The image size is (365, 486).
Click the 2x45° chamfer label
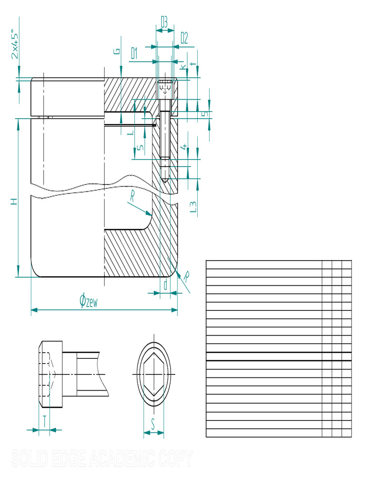click(x=15, y=45)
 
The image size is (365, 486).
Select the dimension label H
click(x=15, y=201)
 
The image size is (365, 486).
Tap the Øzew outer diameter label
click(x=89, y=301)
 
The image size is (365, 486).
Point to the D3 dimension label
click(x=164, y=22)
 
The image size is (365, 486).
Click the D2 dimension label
click(x=184, y=38)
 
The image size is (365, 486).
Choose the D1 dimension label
click(x=134, y=53)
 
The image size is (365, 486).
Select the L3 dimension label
click(x=193, y=206)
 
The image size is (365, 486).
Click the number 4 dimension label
click(x=184, y=148)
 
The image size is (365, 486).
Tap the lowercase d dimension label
click(x=165, y=285)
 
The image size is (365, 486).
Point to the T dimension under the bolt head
click(x=44, y=421)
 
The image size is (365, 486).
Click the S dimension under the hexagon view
click(x=153, y=424)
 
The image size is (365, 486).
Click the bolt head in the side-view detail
click(x=50, y=374)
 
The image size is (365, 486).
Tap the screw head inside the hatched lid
click(x=164, y=88)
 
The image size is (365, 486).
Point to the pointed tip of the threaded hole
click(x=164, y=182)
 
